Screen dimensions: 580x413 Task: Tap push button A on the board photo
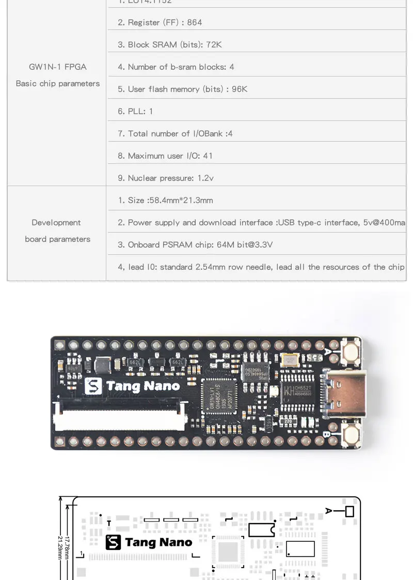[352, 353]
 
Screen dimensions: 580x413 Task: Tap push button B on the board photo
[352, 435]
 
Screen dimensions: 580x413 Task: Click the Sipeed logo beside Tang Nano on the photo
[93, 387]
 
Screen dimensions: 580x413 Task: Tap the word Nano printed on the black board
[162, 386]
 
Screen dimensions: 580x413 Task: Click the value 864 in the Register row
[195, 22]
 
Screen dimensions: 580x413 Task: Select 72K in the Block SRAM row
[213, 44]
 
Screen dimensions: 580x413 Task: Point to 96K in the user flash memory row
[240, 89]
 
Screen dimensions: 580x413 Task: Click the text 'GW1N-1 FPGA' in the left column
[57, 67]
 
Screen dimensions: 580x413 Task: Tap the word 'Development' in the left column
[56, 222]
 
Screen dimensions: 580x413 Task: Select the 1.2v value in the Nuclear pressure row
[205, 178]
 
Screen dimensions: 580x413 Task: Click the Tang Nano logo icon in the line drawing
[113, 542]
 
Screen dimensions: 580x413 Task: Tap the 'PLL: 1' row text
[135, 111]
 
